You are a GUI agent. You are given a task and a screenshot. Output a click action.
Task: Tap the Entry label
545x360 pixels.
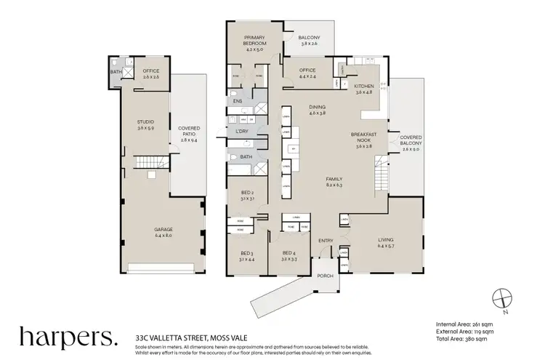[325, 241]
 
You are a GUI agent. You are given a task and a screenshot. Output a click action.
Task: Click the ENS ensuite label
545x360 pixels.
[238, 102]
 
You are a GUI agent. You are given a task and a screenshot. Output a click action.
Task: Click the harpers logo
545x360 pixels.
[68, 337]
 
